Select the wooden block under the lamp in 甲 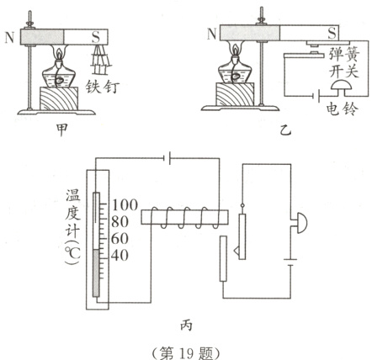pyautogui.click(x=59, y=99)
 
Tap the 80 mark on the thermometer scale pyautogui.click(x=120, y=223)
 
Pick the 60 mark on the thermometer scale pyautogui.click(x=120, y=239)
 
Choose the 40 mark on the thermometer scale pyautogui.click(x=120, y=256)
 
